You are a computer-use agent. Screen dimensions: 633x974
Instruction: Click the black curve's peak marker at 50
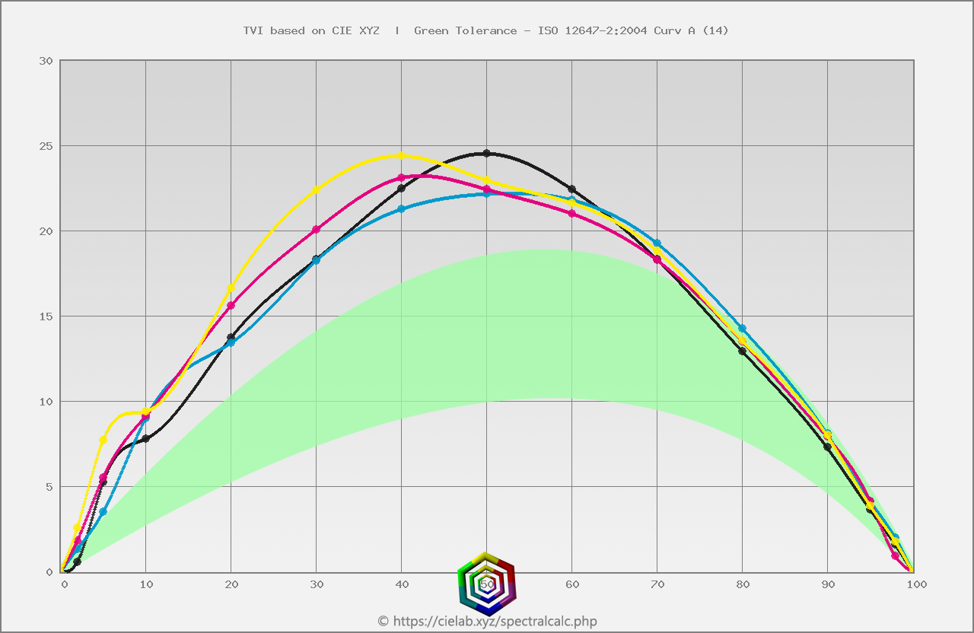[x=487, y=153]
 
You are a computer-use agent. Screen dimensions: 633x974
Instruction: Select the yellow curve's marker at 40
[x=401, y=155]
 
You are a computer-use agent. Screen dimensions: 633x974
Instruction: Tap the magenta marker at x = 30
[x=317, y=229]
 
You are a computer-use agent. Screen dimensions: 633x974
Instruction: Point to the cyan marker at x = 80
[x=742, y=328]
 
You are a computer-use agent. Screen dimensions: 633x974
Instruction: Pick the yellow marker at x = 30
[x=317, y=189]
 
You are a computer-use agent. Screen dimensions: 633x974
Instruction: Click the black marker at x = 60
[x=571, y=189]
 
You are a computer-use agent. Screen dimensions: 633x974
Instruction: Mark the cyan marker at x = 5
[x=103, y=512]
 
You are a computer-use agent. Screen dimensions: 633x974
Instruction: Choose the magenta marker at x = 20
[x=231, y=305]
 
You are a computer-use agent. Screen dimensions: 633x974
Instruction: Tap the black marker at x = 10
[x=145, y=439]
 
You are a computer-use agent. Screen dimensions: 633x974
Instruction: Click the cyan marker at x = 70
[x=657, y=243]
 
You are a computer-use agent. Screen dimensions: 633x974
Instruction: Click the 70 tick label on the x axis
[x=657, y=584]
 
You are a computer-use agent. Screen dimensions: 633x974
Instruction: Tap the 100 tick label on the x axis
[x=915, y=584]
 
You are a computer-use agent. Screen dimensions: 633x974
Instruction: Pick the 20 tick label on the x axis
[x=231, y=584]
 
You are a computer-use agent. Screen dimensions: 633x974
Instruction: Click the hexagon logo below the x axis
[x=487, y=584]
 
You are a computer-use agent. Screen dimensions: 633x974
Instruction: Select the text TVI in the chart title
[x=253, y=30]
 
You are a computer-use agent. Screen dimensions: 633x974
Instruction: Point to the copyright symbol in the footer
[x=383, y=622]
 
